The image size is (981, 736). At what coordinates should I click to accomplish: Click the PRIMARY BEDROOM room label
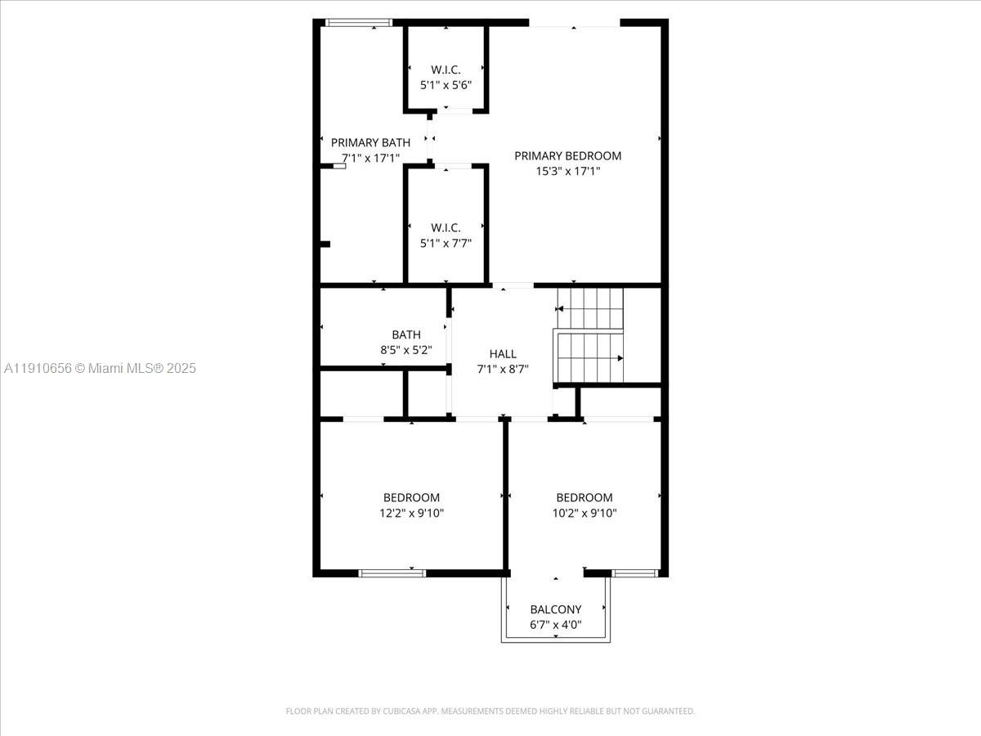tap(567, 156)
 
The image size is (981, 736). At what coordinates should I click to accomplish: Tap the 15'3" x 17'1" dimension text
tap(567, 171)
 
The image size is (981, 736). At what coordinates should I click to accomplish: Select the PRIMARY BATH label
tap(370, 142)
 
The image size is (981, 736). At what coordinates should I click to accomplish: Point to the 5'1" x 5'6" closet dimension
tap(446, 85)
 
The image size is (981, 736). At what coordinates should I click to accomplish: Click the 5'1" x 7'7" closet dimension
tap(446, 243)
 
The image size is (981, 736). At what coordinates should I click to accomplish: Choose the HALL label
tap(503, 354)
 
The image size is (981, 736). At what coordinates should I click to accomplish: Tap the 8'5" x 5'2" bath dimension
tap(405, 350)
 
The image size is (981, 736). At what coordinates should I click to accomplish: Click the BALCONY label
tap(556, 609)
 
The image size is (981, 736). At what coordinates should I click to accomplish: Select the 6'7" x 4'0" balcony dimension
tap(556, 625)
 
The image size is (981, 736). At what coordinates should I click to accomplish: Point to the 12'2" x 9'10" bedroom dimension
tap(411, 513)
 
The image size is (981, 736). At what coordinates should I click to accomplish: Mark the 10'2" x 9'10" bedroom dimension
tap(585, 513)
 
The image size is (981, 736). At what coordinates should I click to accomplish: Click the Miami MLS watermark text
tap(100, 368)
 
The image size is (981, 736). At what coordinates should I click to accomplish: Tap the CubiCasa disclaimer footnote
tap(490, 711)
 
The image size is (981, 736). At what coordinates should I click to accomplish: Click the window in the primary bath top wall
tap(358, 23)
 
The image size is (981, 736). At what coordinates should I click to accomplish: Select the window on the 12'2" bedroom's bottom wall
tap(392, 573)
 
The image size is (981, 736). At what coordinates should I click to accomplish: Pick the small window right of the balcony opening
tap(634, 573)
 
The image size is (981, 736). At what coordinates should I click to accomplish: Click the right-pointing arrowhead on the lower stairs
tap(620, 358)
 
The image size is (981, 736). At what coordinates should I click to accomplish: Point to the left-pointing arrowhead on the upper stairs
tap(558, 309)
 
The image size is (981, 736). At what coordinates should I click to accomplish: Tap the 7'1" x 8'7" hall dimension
tap(503, 369)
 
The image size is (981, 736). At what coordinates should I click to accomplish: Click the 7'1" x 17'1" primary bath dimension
tap(370, 158)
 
